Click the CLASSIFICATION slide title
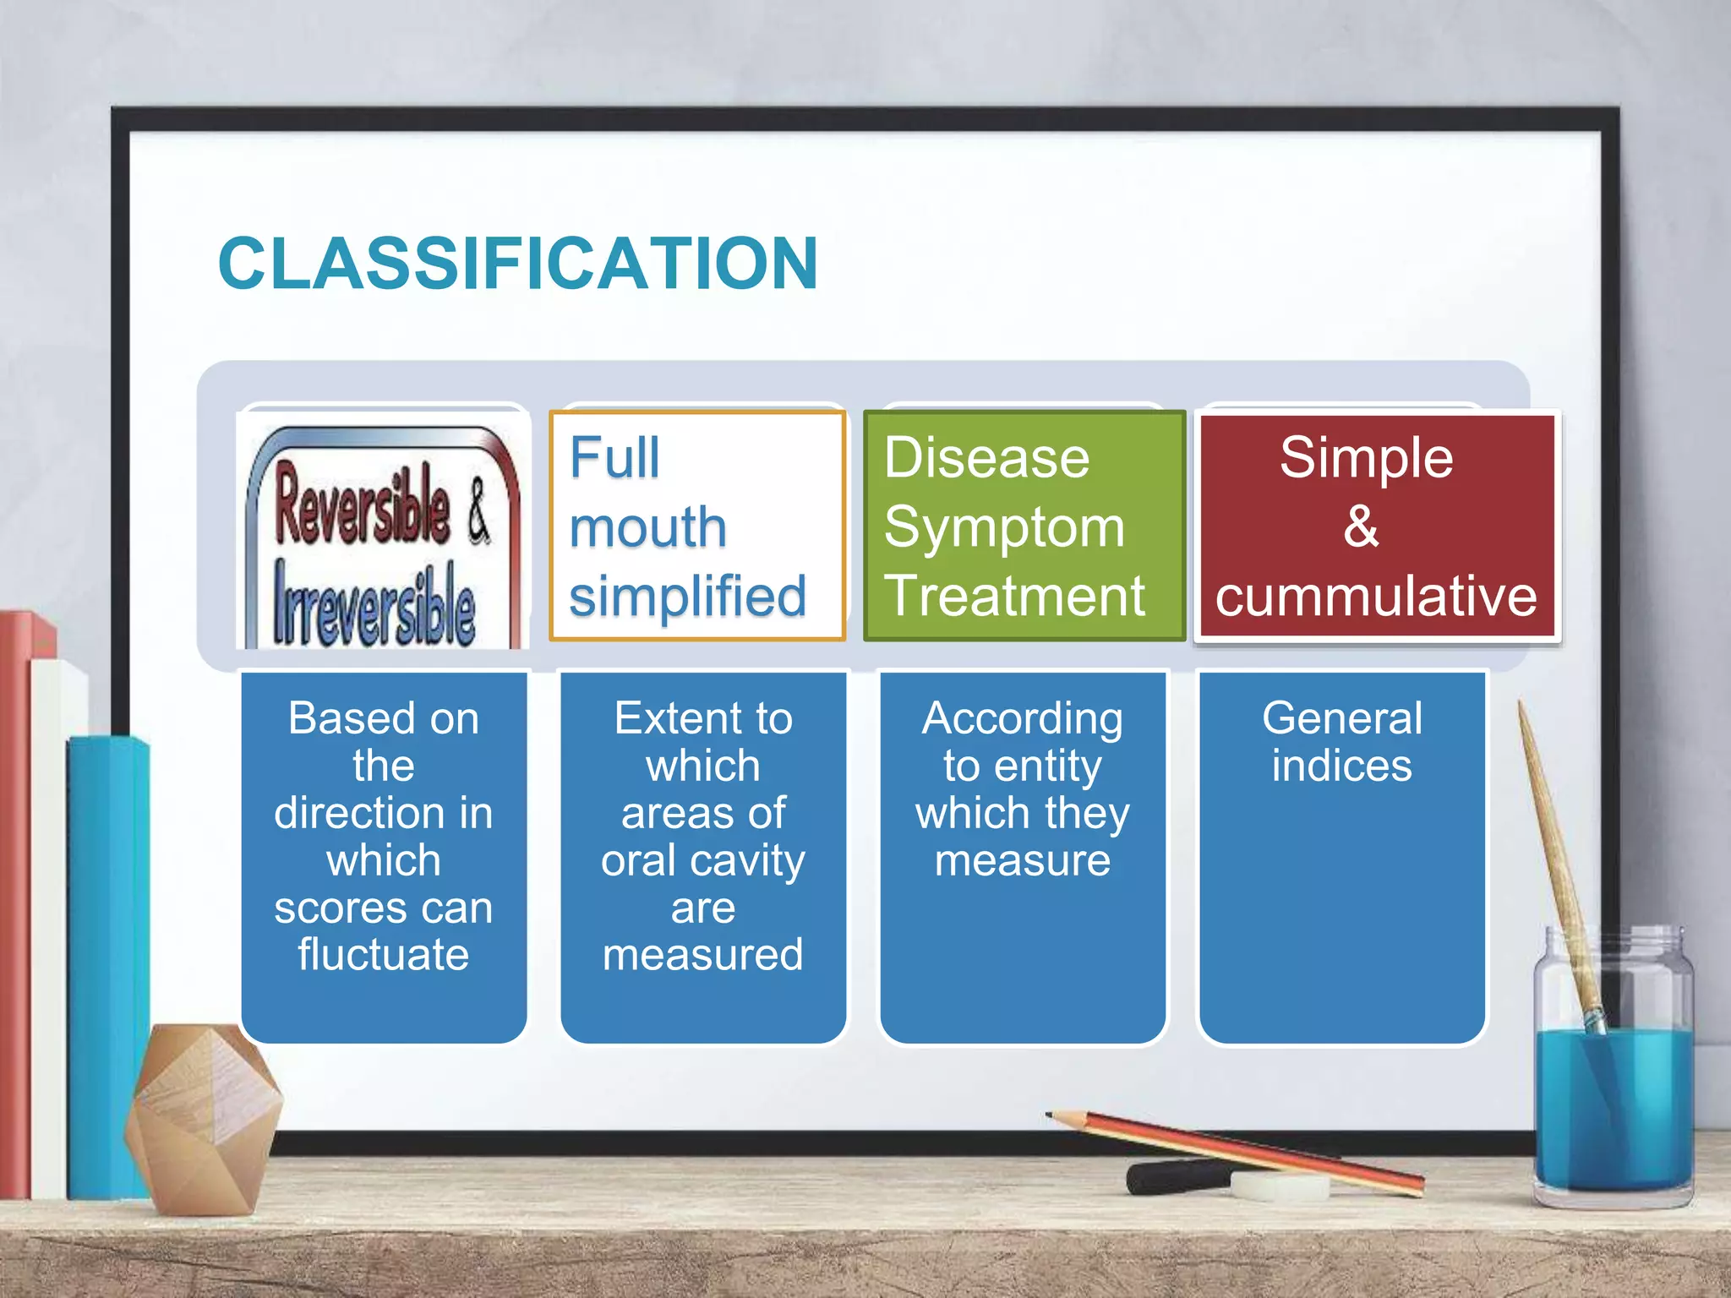517,263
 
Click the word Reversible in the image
362,504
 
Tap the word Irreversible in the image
374,603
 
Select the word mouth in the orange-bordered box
647,527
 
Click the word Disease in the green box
986,458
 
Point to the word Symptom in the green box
1004,528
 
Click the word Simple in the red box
1366,458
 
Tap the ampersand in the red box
1361,526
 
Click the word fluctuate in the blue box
383,955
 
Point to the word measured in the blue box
702,955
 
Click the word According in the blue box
1022,718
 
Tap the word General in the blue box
1341,718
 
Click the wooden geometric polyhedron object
203,1115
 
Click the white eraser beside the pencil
1281,1186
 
